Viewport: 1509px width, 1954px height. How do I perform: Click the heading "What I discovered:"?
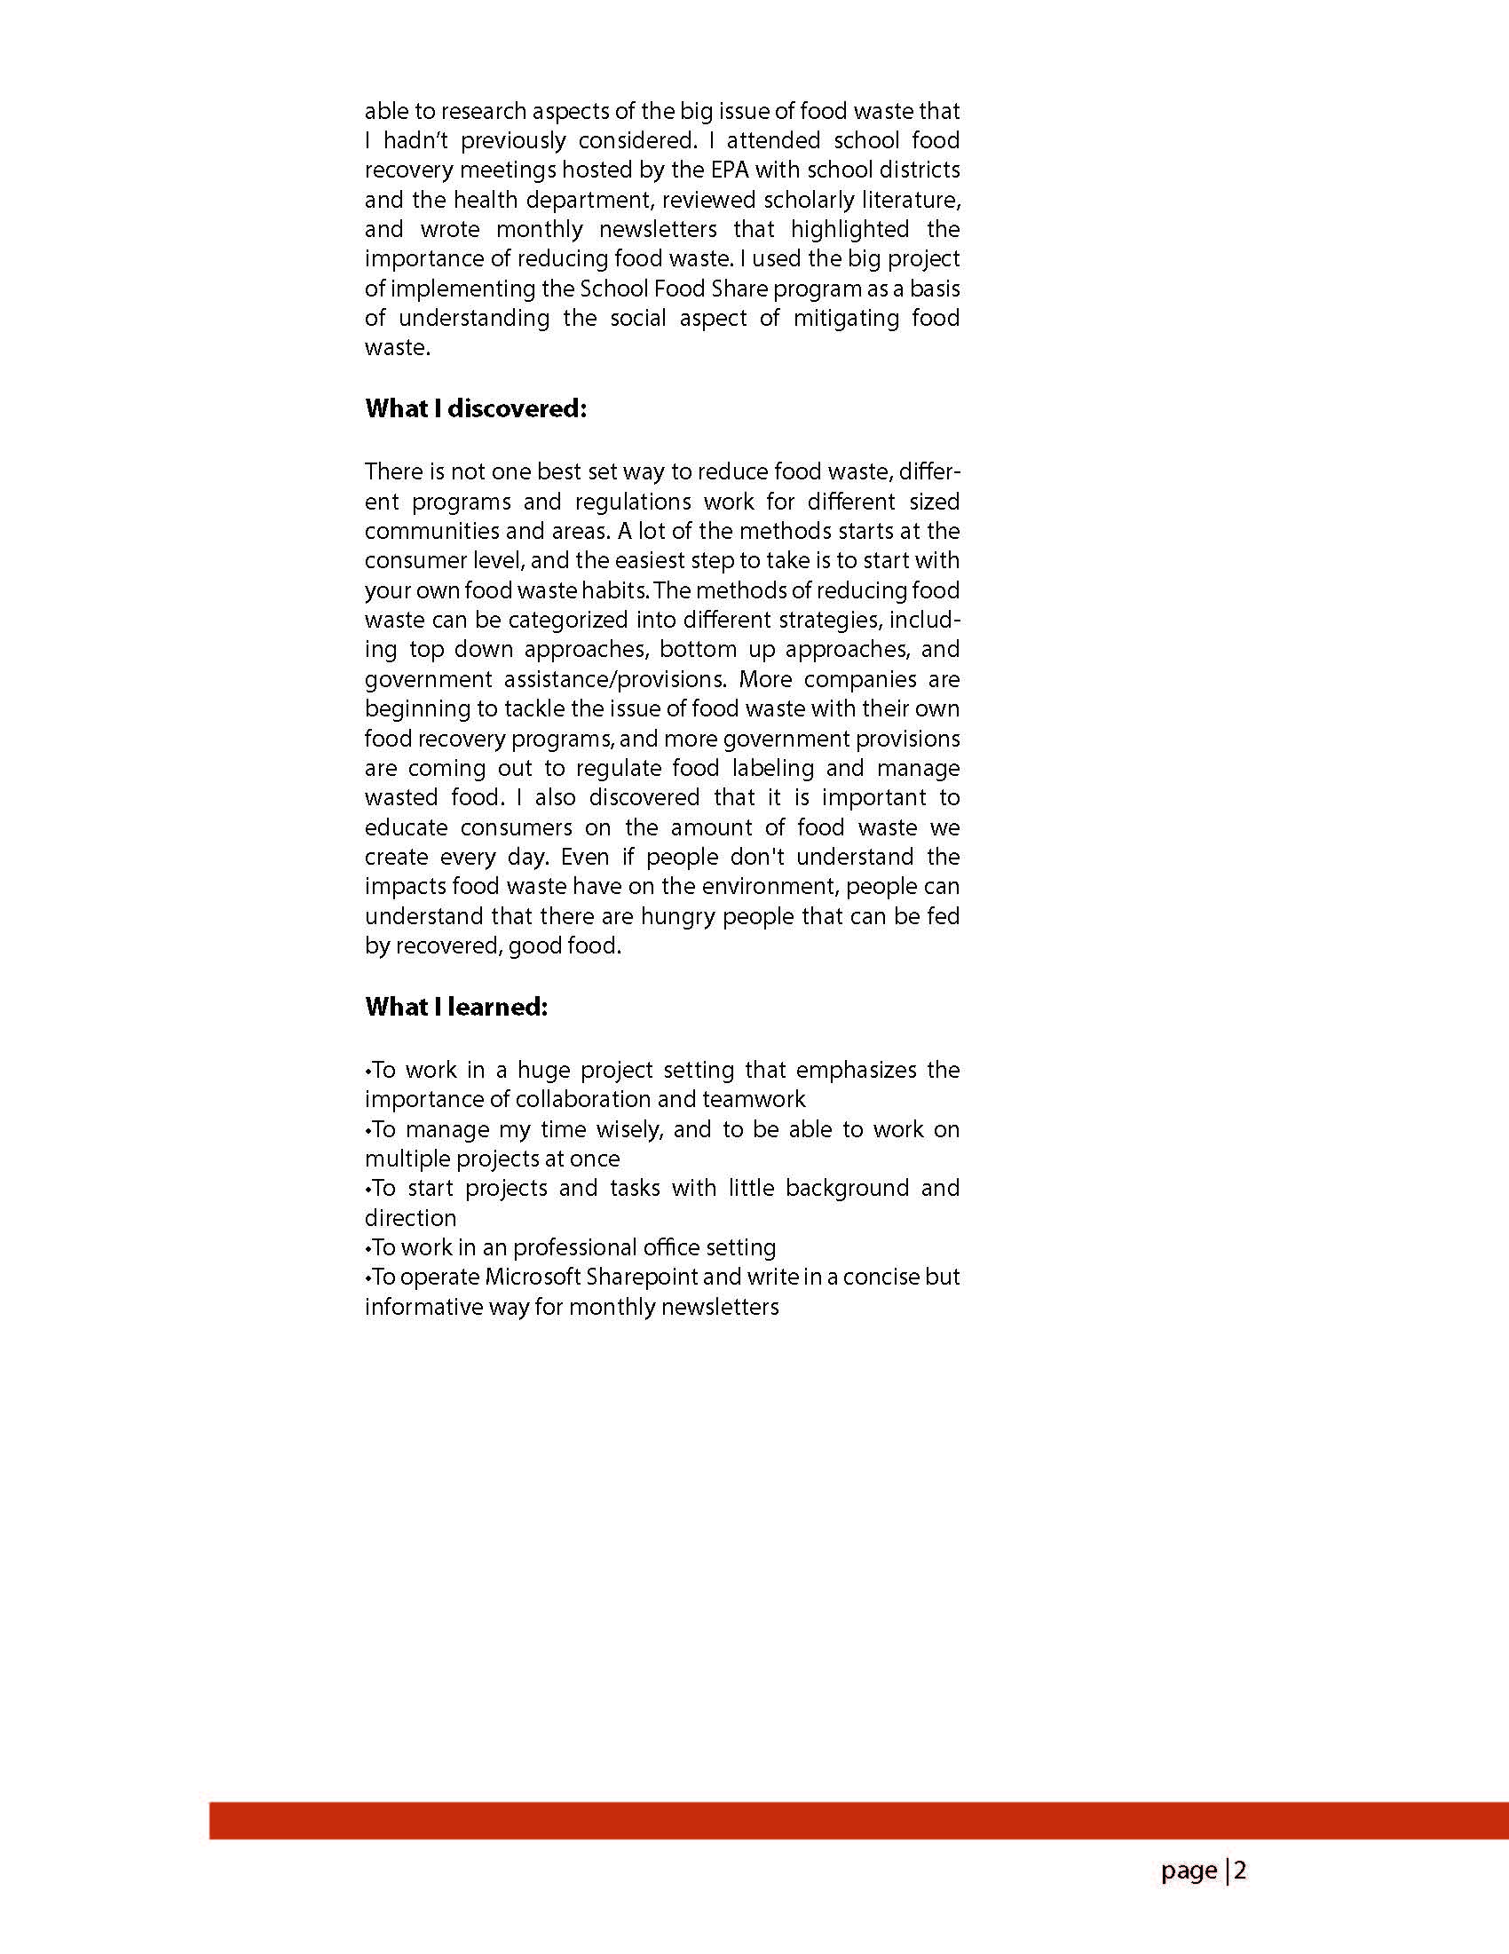[476, 409]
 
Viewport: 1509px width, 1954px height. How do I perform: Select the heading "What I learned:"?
[456, 1008]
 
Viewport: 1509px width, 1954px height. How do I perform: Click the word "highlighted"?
[849, 229]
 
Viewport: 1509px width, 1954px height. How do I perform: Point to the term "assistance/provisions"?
[610, 679]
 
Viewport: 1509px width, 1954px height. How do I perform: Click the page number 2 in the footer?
[1241, 1871]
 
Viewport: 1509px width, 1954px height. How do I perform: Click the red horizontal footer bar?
[858, 1821]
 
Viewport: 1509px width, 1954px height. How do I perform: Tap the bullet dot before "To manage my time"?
[367, 1131]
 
